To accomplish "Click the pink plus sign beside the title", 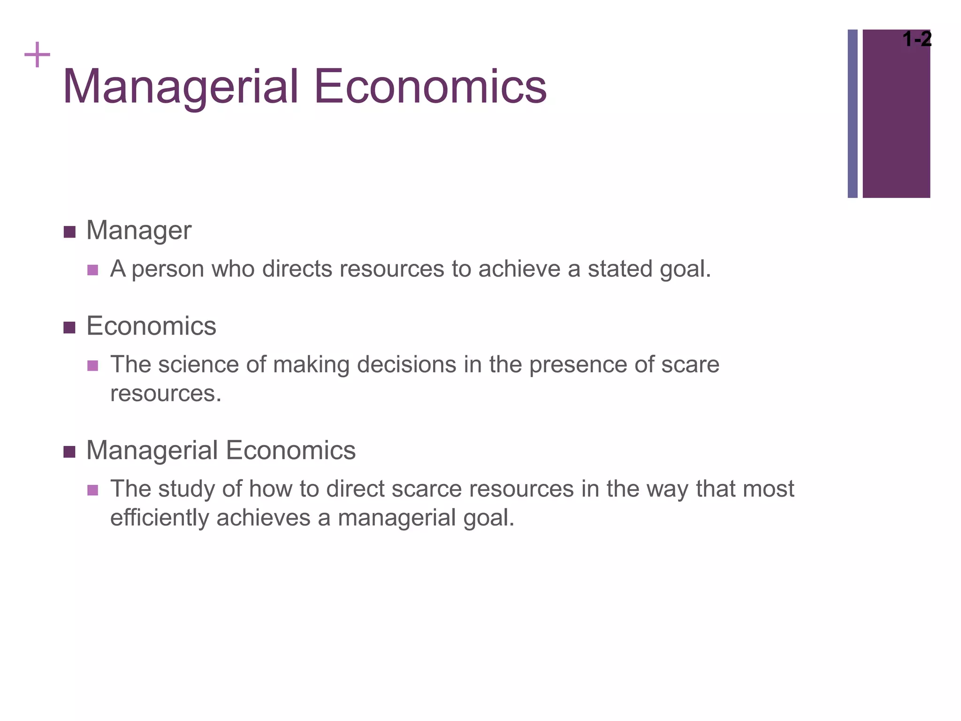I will click(37, 55).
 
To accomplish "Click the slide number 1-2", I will click(917, 39).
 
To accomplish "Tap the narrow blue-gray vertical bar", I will click(852, 114).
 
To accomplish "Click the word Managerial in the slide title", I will click(181, 87).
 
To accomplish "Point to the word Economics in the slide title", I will click(430, 87).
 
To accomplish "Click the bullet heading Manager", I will click(139, 231).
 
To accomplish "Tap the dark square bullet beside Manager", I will click(69, 232).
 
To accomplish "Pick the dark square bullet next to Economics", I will click(69, 327).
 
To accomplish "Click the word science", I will click(198, 365).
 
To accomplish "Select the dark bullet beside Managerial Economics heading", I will click(69, 452).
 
